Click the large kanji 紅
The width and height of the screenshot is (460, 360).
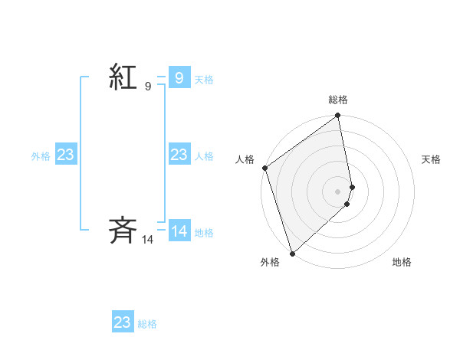click(x=123, y=77)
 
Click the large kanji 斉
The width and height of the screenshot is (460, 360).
click(x=123, y=229)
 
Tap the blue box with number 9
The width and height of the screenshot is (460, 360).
click(x=179, y=77)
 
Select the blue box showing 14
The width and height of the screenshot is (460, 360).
click(x=179, y=231)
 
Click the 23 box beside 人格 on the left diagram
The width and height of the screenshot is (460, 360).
click(x=179, y=155)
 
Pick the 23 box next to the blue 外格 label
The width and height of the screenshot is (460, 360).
click(x=66, y=155)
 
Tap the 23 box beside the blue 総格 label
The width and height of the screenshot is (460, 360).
click(x=123, y=322)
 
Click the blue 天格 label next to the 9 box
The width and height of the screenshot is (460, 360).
click(x=204, y=80)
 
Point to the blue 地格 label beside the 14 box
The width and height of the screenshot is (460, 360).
click(x=204, y=233)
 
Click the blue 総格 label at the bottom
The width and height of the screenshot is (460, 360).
click(x=147, y=325)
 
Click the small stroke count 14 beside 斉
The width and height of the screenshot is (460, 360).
click(x=148, y=240)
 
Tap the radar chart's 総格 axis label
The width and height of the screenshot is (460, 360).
click(x=338, y=100)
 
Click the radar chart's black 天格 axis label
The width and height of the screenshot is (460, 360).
click(x=432, y=159)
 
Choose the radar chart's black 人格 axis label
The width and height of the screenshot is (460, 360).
click(x=245, y=159)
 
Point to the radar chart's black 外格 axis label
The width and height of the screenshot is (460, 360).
click(x=269, y=262)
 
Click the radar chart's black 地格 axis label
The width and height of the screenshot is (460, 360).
click(x=402, y=262)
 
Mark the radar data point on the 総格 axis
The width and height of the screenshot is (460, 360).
click(x=338, y=116)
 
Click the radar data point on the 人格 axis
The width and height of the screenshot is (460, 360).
click(x=264, y=168)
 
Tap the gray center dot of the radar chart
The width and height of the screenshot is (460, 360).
click(x=338, y=191)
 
